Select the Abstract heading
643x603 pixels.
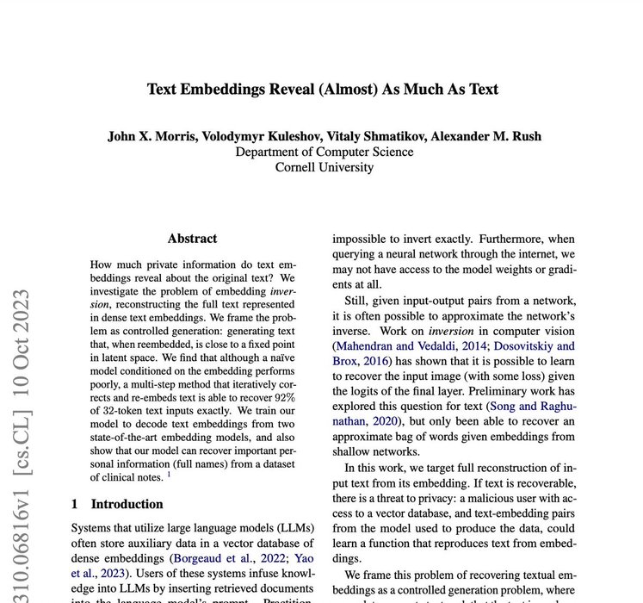tap(192, 239)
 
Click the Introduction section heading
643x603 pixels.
tap(127, 504)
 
